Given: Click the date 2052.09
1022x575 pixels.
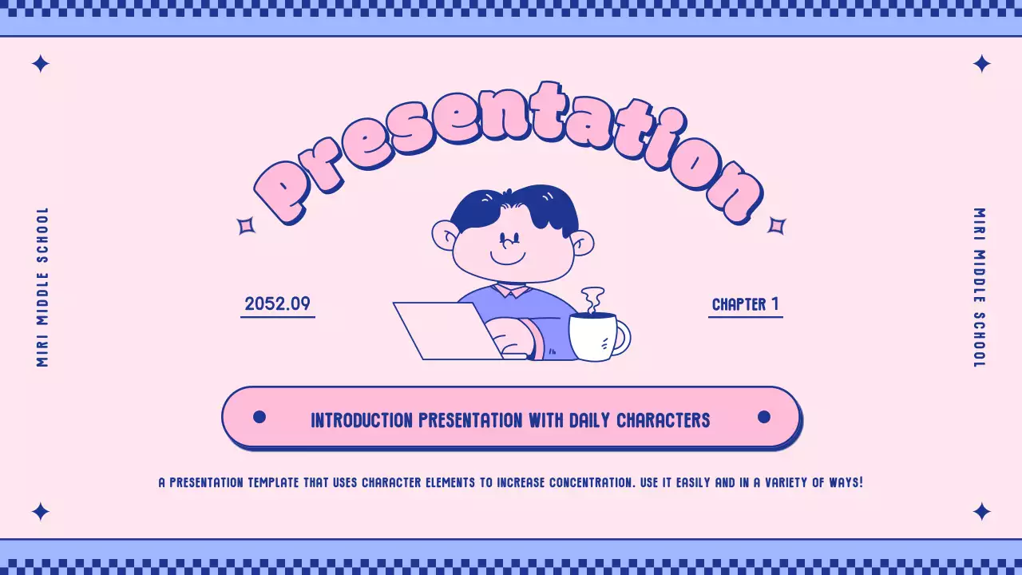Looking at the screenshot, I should [277, 303].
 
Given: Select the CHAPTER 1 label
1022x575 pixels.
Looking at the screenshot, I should [745, 304].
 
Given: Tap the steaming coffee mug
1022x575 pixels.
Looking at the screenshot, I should [595, 336].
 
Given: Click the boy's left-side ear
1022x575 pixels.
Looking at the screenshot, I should [445, 236].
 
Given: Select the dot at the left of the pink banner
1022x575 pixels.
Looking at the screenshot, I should [259, 417].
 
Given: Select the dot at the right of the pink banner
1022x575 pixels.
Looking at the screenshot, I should [763, 417].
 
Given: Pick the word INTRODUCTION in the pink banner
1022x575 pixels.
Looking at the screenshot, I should [362, 420].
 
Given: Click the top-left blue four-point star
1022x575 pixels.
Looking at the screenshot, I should [40, 64].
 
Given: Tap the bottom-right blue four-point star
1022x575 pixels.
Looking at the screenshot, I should [981, 511].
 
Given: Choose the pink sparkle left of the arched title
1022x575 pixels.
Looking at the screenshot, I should [246, 226].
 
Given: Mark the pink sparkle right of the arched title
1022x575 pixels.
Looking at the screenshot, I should [776, 226].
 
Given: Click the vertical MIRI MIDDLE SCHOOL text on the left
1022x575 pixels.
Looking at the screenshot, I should [43, 287].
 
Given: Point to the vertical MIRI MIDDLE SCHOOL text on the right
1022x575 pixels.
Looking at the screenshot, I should [979, 287].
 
